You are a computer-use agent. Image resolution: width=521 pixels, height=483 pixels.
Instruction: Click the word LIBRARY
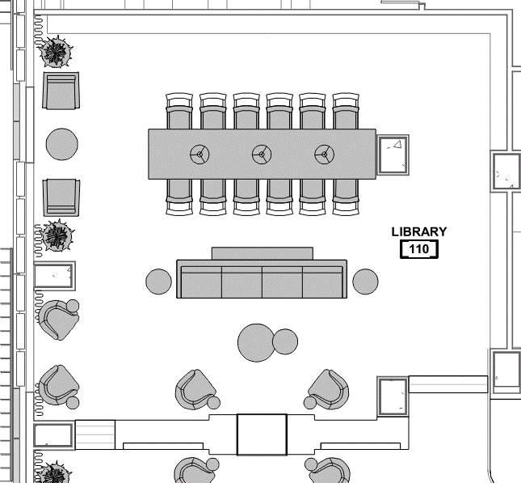(x=418, y=231)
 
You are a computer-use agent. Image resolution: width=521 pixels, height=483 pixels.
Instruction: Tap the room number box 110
(x=418, y=249)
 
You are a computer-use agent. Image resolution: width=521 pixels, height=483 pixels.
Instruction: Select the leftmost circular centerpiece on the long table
(x=200, y=153)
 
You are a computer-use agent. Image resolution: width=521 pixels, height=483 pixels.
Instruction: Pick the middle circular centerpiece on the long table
(x=262, y=153)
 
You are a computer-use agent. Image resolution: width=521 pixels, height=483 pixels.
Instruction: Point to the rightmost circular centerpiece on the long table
(x=324, y=153)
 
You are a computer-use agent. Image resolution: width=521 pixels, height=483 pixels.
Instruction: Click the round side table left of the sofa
(x=158, y=282)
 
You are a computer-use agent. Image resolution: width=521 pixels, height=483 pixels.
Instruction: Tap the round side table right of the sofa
(x=365, y=282)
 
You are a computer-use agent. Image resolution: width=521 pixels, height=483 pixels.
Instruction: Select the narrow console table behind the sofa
(x=262, y=253)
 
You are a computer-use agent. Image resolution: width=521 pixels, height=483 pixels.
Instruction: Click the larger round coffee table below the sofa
(x=256, y=343)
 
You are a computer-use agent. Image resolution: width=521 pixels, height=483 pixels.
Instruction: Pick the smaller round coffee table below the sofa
(x=285, y=341)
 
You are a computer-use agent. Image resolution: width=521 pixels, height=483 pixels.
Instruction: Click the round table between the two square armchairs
(x=61, y=145)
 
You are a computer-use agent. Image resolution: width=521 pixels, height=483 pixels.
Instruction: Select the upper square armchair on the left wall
(x=61, y=91)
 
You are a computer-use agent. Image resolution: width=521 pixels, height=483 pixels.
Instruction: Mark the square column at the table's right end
(x=394, y=154)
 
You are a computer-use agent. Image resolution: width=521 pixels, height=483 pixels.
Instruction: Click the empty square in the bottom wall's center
(x=262, y=434)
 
